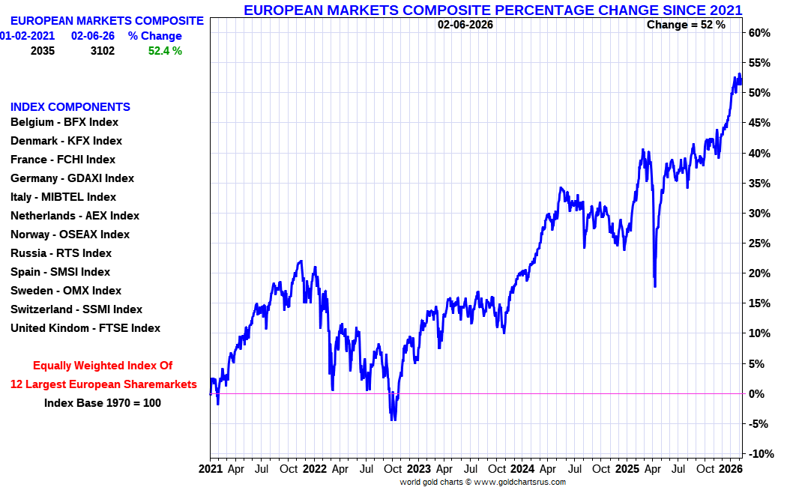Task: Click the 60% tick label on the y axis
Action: pyautogui.click(x=759, y=33)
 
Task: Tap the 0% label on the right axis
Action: pyautogui.click(x=756, y=394)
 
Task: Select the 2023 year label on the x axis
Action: pyautogui.click(x=418, y=469)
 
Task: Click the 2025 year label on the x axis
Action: pyautogui.click(x=627, y=469)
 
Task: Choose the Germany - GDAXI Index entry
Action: pyautogui.click(x=72, y=178)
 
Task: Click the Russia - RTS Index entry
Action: pyautogui.click(x=61, y=253)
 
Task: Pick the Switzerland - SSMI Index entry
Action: pyautogui.click(x=76, y=309)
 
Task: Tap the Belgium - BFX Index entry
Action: pyautogui.click(x=64, y=122)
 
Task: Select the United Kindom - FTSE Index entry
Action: pyautogui.click(x=85, y=328)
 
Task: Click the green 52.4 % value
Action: pyautogui.click(x=165, y=51)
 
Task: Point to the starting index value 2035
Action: pyautogui.click(x=43, y=51)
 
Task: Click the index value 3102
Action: pyautogui.click(x=103, y=51)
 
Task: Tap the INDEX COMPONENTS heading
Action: pyautogui.click(x=70, y=107)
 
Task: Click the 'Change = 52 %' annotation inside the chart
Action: pyautogui.click(x=686, y=25)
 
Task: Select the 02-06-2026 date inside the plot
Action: pyautogui.click(x=465, y=25)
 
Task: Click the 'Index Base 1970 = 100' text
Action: pyautogui.click(x=103, y=403)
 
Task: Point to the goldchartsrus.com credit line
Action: pyautogui.click(x=483, y=482)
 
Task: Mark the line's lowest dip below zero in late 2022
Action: pyautogui.click(x=393, y=420)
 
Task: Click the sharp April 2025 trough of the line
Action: pyautogui.click(x=655, y=286)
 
